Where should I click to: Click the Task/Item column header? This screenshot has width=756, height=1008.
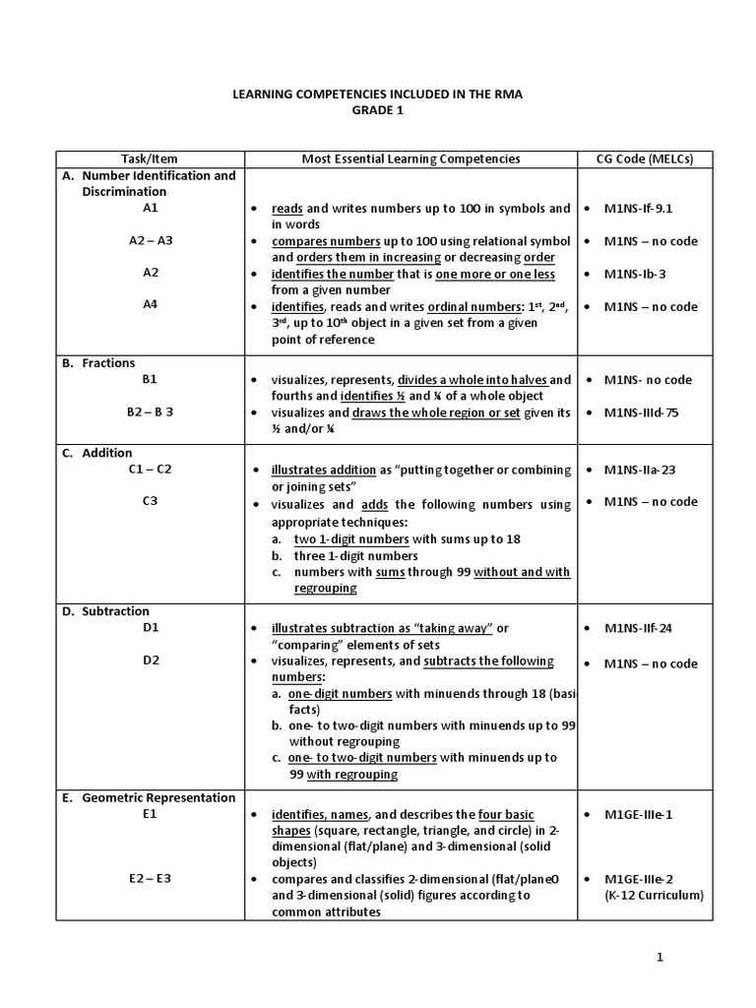150,158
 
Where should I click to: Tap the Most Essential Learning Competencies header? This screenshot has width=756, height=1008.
410,158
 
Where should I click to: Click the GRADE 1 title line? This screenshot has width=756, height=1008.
377,111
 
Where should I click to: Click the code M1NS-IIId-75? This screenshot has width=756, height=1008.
641,412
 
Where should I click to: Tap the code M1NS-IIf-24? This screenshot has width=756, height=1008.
640,627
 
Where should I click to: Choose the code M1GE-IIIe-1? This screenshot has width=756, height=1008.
640,814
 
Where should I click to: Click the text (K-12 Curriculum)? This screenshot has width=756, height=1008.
654,895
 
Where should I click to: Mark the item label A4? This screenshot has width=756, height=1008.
150,304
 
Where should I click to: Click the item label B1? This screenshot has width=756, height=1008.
150,378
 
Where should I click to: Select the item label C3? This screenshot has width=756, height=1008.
150,500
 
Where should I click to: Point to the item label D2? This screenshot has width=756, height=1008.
150,660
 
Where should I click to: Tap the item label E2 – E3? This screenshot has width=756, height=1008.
150,878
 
